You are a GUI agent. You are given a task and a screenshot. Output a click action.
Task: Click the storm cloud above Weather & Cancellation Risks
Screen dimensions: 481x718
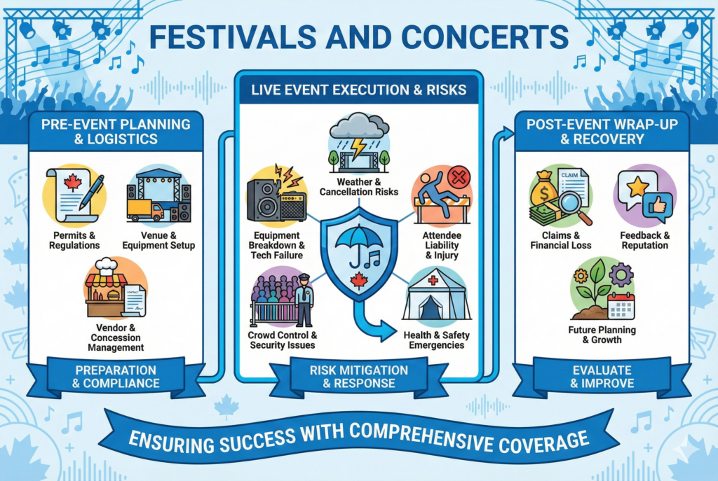358,130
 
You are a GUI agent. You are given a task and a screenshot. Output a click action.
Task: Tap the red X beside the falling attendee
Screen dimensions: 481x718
458,177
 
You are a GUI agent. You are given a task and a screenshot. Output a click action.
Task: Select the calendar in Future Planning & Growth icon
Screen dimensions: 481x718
621,307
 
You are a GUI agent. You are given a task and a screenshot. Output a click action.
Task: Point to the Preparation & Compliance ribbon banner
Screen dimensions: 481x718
118,376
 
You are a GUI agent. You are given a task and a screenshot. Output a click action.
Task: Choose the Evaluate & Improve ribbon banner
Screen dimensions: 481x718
602,376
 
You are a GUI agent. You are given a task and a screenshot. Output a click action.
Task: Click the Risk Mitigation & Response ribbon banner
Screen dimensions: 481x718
359,377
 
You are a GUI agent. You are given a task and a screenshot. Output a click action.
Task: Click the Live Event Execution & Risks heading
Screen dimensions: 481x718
358,88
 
